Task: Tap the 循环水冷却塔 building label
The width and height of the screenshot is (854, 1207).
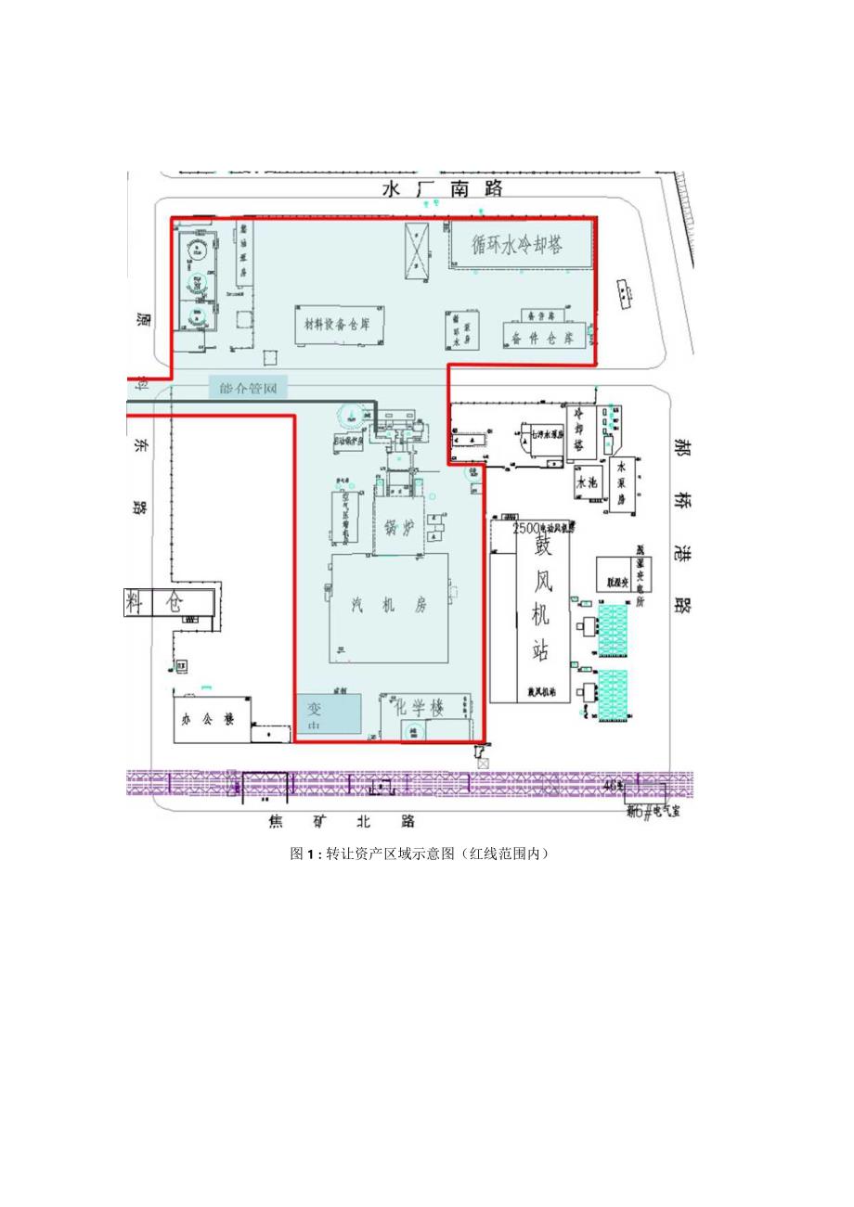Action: point(518,246)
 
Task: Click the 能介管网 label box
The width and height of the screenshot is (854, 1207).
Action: point(248,387)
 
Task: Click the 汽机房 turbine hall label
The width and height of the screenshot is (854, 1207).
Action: point(389,606)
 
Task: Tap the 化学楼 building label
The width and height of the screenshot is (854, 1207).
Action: point(420,707)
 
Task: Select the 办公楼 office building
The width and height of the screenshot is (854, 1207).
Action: point(210,717)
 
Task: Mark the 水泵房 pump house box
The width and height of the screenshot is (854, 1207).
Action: point(621,485)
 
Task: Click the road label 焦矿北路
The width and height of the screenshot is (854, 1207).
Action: point(341,821)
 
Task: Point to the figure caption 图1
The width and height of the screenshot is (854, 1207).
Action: point(419,854)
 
